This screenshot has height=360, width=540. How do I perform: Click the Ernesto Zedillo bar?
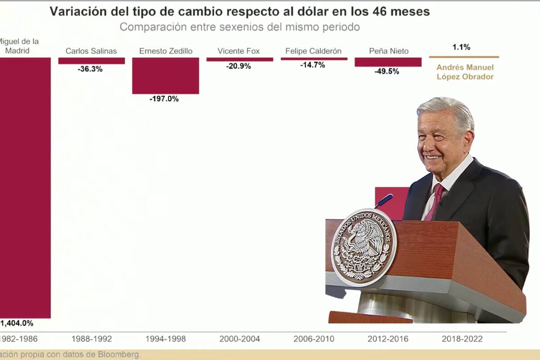click(x=165, y=76)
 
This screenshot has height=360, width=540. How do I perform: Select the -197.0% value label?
click(x=164, y=99)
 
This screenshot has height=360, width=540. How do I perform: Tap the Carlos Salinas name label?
click(x=91, y=51)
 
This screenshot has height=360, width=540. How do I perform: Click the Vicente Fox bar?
click(x=239, y=59)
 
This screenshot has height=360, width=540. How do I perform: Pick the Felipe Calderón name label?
click(x=313, y=51)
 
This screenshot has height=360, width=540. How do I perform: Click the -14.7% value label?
click(x=312, y=65)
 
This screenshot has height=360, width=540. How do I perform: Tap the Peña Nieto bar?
click(x=388, y=62)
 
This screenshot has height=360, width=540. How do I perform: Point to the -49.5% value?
click(x=387, y=71)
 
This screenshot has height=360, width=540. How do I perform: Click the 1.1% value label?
click(x=461, y=47)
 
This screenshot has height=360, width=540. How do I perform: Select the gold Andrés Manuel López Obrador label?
click(x=465, y=72)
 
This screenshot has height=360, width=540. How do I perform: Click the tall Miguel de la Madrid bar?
click(x=25, y=189)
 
